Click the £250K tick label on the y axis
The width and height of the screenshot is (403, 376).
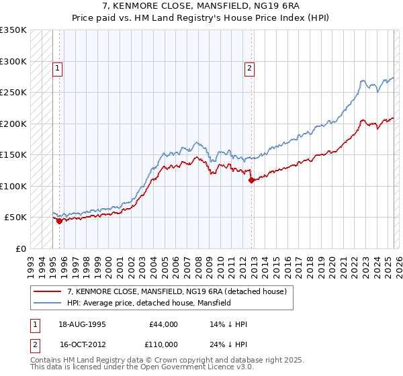(x=13, y=93)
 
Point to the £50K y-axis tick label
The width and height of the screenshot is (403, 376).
(x=15, y=218)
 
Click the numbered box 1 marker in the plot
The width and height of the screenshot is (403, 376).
(x=58, y=68)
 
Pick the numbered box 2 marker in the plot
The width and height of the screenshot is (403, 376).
(x=250, y=68)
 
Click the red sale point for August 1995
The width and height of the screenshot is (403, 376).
(x=59, y=221)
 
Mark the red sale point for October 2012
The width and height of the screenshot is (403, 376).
(x=251, y=180)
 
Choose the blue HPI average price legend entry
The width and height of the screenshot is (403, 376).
(x=148, y=303)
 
